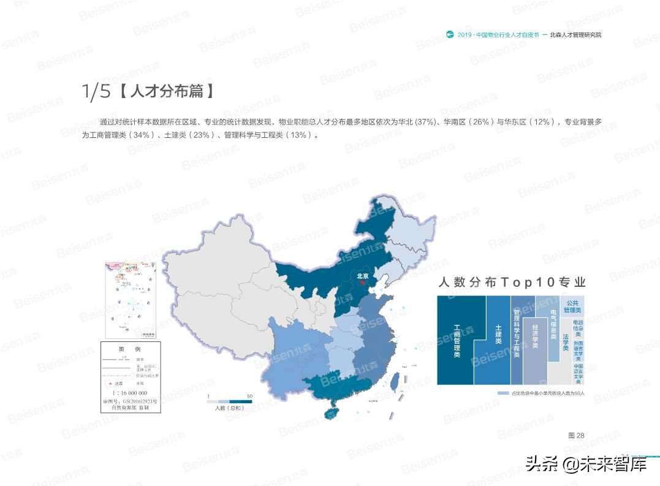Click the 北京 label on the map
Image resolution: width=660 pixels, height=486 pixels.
click(x=363, y=276)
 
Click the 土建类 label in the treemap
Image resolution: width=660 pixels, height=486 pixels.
click(x=498, y=334)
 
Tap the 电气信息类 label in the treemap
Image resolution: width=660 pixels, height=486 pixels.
click(x=553, y=325)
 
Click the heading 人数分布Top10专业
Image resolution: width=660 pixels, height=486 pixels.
click(x=511, y=283)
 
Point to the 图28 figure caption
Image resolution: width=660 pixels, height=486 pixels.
click(x=576, y=435)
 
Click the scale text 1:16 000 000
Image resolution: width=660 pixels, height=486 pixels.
click(x=129, y=393)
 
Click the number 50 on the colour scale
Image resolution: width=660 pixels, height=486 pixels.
click(x=249, y=396)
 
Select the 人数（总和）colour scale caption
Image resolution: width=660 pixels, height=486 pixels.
click(x=230, y=408)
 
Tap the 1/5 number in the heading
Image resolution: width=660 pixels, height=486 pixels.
click(x=96, y=92)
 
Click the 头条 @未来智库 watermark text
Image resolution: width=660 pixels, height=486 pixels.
click(x=586, y=465)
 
